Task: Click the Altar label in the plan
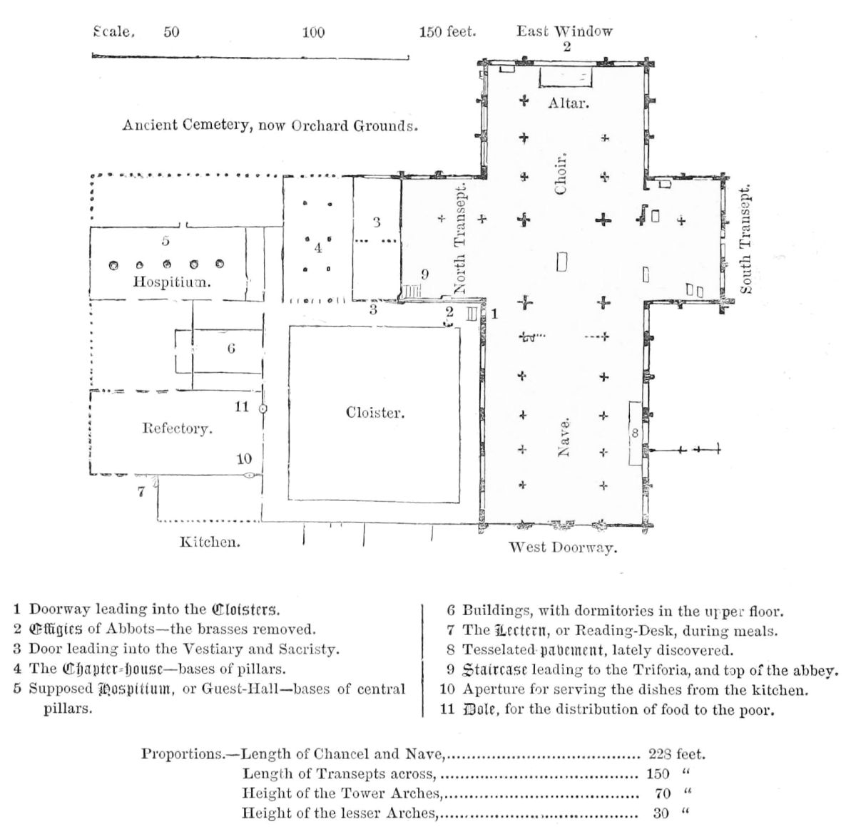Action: tap(568, 103)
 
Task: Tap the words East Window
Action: tap(564, 31)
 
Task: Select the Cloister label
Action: tap(374, 413)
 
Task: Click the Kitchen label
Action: tap(209, 542)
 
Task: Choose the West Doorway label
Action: tap(562, 547)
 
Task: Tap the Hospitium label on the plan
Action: tap(172, 282)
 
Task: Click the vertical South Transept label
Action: tap(745, 240)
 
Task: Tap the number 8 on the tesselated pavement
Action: tap(636, 432)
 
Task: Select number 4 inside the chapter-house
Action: tap(318, 248)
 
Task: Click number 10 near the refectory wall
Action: tap(244, 459)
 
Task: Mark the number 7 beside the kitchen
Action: tap(141, 490)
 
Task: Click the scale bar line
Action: tap(250, 56)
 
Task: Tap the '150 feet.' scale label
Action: tap(447, 32)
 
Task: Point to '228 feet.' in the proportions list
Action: tap(676, 753)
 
